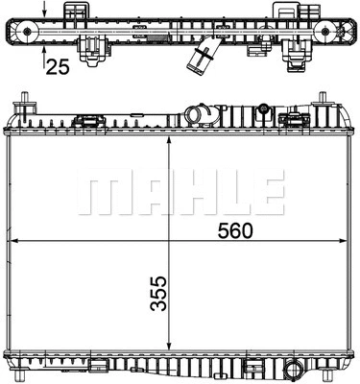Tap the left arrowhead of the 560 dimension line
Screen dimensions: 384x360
[12, 239]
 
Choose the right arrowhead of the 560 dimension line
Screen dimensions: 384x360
[347, 239]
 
